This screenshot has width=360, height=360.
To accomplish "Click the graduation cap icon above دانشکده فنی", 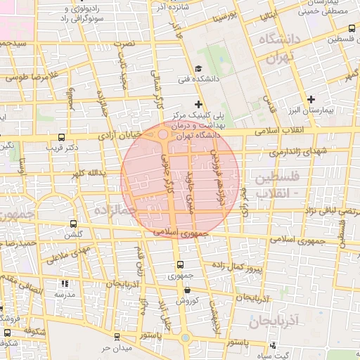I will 199,69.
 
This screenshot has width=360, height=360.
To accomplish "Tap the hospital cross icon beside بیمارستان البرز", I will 311,99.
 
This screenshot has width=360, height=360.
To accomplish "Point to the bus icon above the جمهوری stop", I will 181,265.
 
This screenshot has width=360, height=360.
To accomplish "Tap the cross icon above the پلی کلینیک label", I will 198,105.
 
